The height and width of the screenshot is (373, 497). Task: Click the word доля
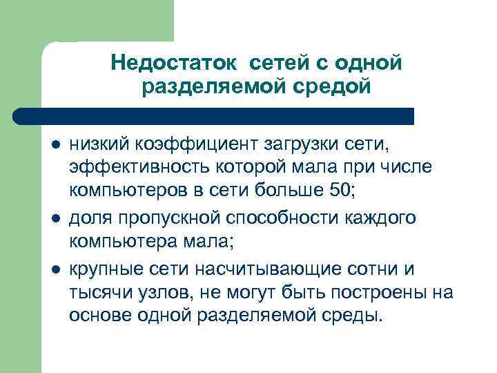click(88, 218)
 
